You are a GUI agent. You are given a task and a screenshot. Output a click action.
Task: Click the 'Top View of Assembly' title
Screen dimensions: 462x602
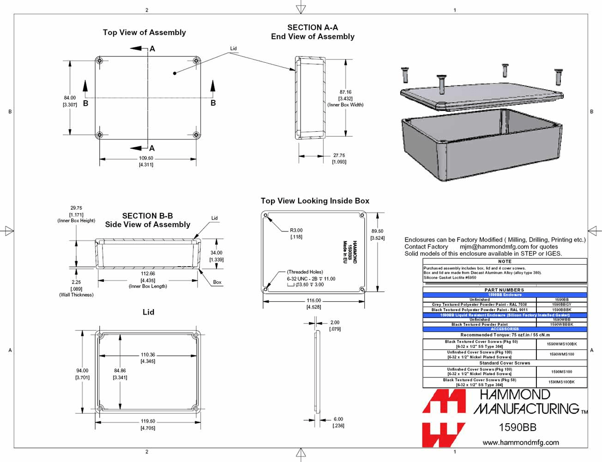pyautogui.click(x=144, y=32)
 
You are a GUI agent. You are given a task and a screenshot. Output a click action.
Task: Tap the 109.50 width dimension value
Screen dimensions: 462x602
pyautogui.click(x=146, y=158)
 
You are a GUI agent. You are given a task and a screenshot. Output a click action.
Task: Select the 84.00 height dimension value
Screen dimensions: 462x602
pyautogui.click(x=70, y=98)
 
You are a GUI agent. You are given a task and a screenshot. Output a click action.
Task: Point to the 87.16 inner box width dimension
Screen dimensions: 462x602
pyautogui.click(x=345, y=92)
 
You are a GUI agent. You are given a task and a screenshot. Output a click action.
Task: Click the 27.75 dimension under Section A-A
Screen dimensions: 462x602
pyautogui.click(x=339, y=156)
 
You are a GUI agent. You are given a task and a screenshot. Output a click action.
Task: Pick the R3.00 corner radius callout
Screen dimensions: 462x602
pyautogui.click(x=296, y=230)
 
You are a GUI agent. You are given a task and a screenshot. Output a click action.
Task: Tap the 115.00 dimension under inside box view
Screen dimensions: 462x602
pyautogui.click(x=314, y=300)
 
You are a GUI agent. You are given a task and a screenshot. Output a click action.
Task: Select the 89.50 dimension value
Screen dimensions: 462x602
pyautogui.click(x=377, y=231)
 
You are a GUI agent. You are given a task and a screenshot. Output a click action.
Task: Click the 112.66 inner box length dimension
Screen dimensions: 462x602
pyautogui.click(x=148, y=274)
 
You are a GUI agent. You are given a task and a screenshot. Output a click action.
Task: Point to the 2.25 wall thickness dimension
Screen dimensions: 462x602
pyautogui.click(x=76, y=282)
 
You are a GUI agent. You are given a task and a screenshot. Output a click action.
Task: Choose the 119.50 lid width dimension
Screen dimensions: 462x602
pyautogui.click(x=148, y=421)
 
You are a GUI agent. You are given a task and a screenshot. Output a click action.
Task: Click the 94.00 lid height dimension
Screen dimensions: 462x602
pyautogui.click(x=82, y=371)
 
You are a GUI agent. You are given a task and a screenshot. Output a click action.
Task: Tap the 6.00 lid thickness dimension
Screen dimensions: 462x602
pyautogui.click(x=338, y=419)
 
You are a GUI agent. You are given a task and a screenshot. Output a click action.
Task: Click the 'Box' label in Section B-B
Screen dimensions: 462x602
pyautogui.click(x=217, y=282)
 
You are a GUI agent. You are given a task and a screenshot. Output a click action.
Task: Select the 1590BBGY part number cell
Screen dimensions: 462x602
pyautogui.click(x=561, y=304)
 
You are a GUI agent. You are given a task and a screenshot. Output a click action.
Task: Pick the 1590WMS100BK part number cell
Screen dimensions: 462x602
pyautogui.click(x=561, y=344)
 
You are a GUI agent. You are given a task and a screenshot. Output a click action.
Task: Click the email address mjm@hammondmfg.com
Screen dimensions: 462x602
pyautogui.click(x=494, y=247)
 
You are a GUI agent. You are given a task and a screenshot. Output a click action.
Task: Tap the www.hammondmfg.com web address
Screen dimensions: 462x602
pyautogui.click(x=520, y=443)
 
